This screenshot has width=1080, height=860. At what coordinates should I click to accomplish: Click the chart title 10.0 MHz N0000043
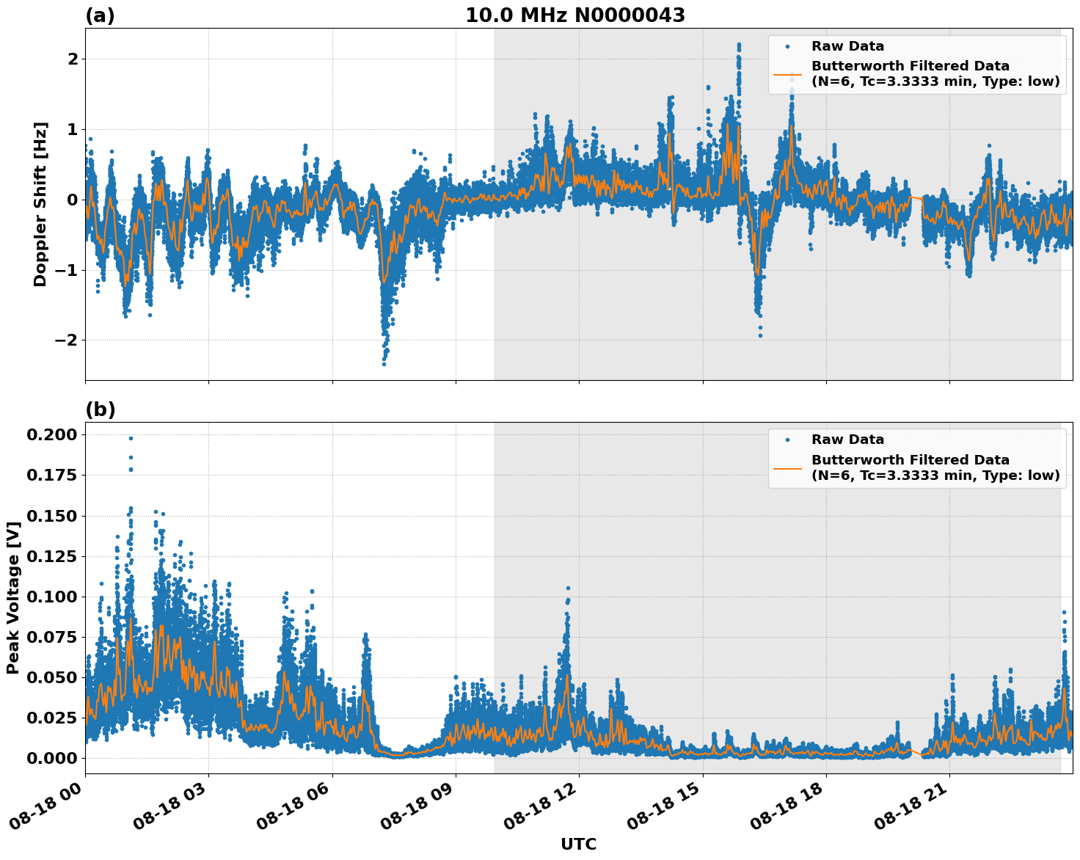(575, 15)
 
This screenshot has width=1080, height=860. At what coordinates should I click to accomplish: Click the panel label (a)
(100, 15)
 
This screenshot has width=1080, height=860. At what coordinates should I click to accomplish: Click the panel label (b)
(100, 409)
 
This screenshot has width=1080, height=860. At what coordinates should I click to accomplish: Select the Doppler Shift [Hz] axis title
(40, 204)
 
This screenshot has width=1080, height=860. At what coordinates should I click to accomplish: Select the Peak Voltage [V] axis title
(12, 597)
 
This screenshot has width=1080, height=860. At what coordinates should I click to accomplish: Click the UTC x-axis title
(578, 844)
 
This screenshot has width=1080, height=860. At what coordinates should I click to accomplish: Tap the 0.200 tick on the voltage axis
(51, 435)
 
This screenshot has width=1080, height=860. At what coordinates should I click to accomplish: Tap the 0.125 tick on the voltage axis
(51, 556)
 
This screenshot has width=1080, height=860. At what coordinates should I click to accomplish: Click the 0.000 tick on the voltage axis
(51, 758)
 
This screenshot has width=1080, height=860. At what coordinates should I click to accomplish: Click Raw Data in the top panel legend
(847, 46)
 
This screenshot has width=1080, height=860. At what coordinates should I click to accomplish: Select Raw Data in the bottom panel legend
(847, 440)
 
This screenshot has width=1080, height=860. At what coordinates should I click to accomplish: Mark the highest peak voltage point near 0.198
(131, 438)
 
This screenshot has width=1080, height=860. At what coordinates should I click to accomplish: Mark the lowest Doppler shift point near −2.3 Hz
(384, 363)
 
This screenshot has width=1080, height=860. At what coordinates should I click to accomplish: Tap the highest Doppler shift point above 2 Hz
(739, 45)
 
